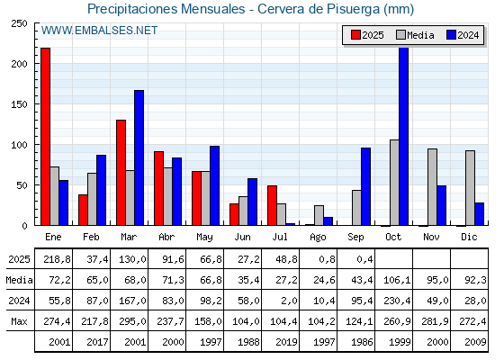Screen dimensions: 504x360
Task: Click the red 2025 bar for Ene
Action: coord(46,137)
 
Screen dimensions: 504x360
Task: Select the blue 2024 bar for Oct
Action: coord(404,137)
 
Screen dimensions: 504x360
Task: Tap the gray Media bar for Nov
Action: coord(432,187)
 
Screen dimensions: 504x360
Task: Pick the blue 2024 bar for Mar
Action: coord(139,157)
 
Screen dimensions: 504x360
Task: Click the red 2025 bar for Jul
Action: coord(272,205)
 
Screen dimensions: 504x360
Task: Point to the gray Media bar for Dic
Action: coord(470,188)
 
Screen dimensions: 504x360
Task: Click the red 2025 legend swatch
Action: coord(355,35)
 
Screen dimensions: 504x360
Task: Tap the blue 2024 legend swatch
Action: coord(451,35)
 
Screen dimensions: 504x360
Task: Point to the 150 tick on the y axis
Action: coord(19,104)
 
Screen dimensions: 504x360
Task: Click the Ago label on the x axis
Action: coord(318,238)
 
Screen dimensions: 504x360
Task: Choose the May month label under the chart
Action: coord(204,238)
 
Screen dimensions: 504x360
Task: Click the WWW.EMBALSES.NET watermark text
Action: coord(99,31)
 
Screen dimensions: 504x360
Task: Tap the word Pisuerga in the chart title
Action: coord(353,9)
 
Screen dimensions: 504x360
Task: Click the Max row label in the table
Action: coord(19,321)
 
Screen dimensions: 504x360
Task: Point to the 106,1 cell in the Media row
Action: coord(397,280)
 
